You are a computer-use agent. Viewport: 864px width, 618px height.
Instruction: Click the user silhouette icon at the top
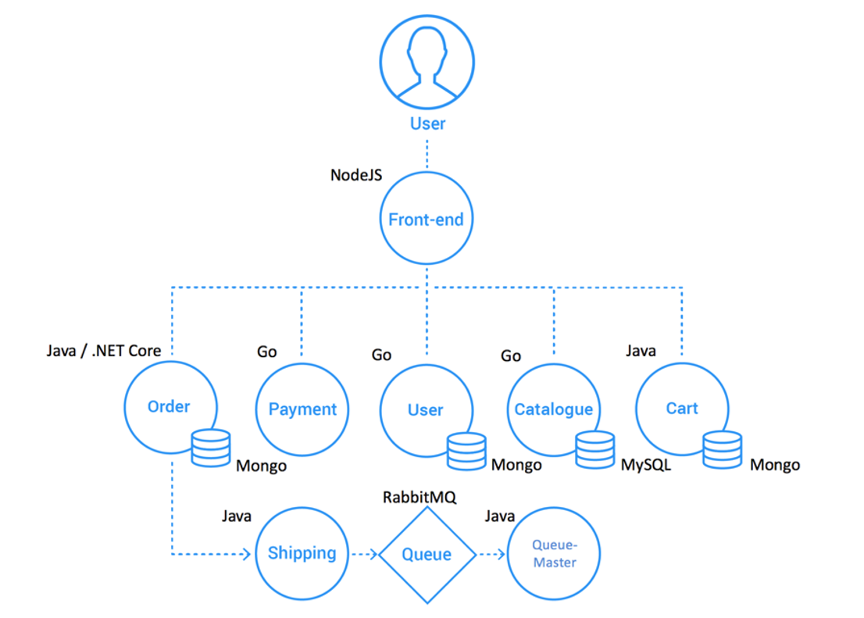tap(427, 62)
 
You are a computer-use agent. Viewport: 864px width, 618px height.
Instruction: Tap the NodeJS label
tap(356, 175)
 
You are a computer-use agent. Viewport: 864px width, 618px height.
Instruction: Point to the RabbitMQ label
tap(420, 497)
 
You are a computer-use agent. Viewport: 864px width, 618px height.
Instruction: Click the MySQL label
tap(646, 465)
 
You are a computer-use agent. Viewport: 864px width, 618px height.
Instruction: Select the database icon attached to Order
tap(210, 448)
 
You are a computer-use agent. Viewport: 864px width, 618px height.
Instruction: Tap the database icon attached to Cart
tap(723, 450)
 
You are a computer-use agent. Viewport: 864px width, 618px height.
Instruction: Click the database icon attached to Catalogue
tap(595, 450)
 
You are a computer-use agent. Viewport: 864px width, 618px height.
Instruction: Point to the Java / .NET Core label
tap(104, 351)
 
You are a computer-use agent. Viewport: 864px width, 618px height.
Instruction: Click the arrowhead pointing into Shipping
tap(247, 554)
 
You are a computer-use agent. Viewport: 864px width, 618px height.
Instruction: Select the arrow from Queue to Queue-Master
tap(492, 554)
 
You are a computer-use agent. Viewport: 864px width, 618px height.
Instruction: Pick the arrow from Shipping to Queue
tap(364, 554)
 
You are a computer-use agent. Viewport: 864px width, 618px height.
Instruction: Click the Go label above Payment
tap(266, 352)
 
